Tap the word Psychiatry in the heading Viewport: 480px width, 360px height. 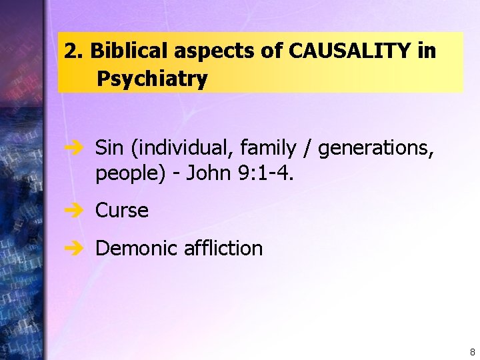tap(152, 79)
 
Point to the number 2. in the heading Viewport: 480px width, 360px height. tap(73, 51)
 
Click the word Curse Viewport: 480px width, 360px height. tap(122, 211)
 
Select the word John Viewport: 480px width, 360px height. tap(207, 173)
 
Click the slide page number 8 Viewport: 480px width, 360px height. tap(472, 351)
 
